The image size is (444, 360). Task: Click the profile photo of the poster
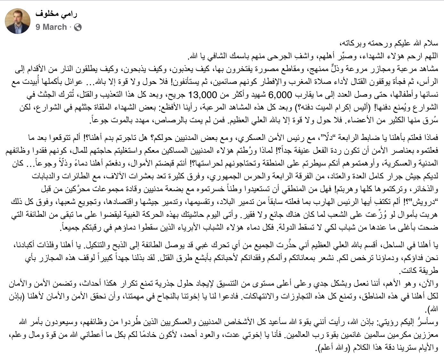pos(18,21)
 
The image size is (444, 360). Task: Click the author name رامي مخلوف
pos(56,14)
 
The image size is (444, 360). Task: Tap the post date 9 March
pos(51,27)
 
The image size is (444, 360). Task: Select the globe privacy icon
pos(78,28)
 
